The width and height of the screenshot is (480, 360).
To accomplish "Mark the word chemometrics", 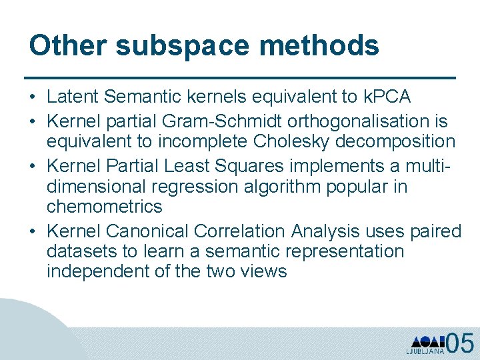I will [105, 206].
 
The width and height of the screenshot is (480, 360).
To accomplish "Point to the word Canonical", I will [147, 231].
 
